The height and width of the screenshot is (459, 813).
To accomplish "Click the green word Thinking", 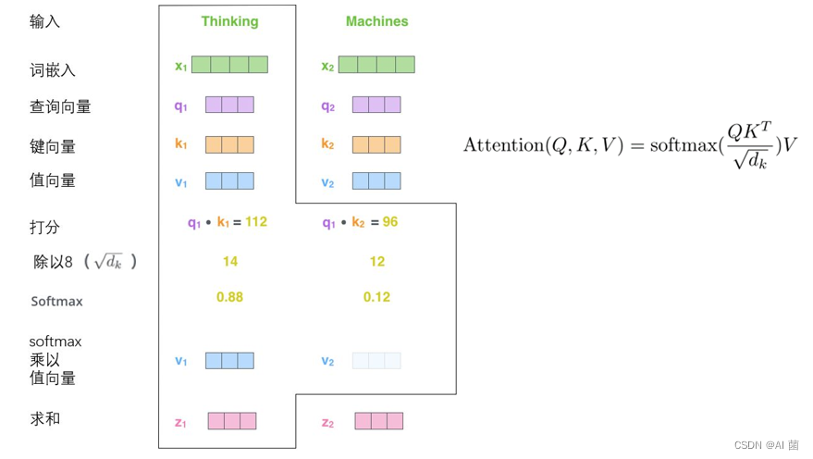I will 229,21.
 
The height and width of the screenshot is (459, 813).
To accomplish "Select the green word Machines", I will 376,21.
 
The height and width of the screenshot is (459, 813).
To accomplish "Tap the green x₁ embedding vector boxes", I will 239,65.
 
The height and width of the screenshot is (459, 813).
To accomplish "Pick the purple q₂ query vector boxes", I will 376,105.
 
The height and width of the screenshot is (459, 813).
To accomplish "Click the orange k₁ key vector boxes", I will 229,144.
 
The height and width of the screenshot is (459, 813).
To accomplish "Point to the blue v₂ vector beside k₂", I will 376,181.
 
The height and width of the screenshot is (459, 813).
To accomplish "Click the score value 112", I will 256,222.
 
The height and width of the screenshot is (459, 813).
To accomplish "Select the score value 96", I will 390,222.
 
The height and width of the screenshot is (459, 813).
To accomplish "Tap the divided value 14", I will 230,262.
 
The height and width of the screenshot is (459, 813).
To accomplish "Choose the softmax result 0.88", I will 230,297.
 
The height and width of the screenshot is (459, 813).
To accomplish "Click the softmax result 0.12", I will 376,297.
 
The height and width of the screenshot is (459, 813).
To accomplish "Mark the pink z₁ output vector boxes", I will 232,421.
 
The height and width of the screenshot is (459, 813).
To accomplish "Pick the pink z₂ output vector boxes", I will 379,421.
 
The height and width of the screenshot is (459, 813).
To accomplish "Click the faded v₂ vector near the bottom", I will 376,361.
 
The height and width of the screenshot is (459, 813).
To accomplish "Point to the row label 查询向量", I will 60,107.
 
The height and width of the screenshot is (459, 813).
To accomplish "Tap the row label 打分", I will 44,227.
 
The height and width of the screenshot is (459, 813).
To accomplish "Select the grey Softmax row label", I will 56,301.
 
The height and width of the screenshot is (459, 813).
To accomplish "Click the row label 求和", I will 44,419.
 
